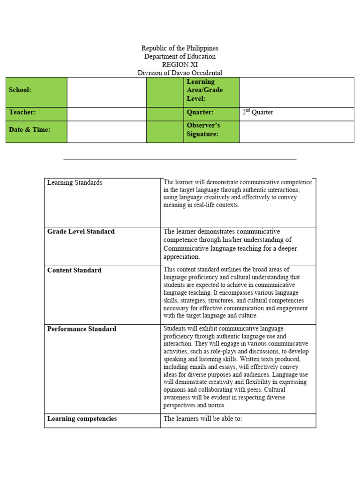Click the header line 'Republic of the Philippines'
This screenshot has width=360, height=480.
pyautogui.click(x=180, y=48)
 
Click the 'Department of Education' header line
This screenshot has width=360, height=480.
pyautogui.click(x=180, y=56)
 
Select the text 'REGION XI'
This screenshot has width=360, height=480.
pyautogui.click(x=180, y=65)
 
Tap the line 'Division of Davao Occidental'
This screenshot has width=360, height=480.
pyautogui.click(x=180, y=73)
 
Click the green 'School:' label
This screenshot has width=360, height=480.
pyautogui.click(x=20, y=90)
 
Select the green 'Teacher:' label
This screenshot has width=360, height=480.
pyautogui.click(x=22, y=112)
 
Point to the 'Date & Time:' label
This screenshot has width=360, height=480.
pyautogui.click(x=29, y=130)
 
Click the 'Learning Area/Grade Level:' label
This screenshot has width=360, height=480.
pyautogui.click(x=205, y=90)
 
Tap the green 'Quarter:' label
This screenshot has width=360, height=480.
pyautogui.click(x=200, y=112)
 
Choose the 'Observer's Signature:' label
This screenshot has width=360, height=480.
pyautogui.click(x=203, y=130)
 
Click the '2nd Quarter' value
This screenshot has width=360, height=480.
pyautogui.click(x=257, y=112)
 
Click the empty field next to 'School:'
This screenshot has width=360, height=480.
pyautogui.click(x=106, y=92)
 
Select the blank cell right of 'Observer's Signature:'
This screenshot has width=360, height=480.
pyautogui.click(x=296, y=132)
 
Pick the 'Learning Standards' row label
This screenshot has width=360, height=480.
pyautogui.click(x=75, y=183)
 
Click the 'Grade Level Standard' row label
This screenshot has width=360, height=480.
pyautogui.click(x=81, y=232)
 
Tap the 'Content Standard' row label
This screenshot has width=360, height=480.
pyautogui.click(x=74, y=270)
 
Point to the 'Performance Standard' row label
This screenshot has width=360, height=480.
pyautogui.click(x=82, y=329)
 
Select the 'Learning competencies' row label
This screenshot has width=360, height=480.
pyautogui.click(x=82, y=419)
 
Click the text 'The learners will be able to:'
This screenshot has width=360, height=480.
pyautogui.click(x=202, y=419)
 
